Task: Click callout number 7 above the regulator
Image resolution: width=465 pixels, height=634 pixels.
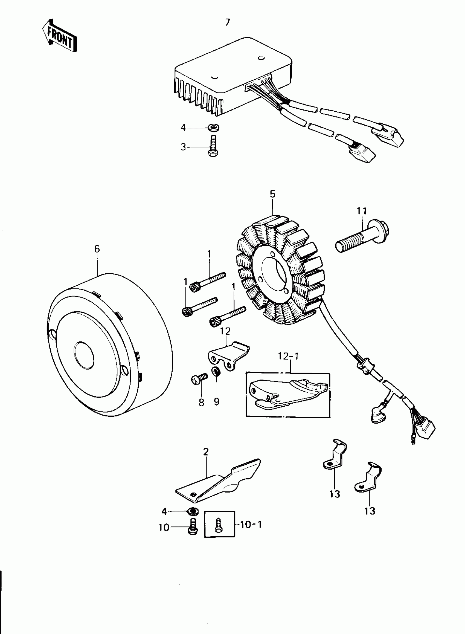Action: tap(227, 22)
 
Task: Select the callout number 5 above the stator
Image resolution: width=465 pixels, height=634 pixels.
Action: tap(272, 194)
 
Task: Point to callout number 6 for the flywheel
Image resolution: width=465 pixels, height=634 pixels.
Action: tap(97, 249)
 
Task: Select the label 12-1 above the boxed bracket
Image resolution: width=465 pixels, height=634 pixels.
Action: tap(288, 357)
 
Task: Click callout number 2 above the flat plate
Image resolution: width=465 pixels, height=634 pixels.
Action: tap(206, 452)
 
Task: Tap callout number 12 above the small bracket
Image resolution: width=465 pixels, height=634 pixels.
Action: tap(225, 331)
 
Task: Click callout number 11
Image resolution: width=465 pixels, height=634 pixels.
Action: tap(362, 211)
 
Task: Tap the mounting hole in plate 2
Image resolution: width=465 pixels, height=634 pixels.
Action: tap(193, 494)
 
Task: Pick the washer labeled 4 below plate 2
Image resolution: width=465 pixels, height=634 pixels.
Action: tap(192, 510)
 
